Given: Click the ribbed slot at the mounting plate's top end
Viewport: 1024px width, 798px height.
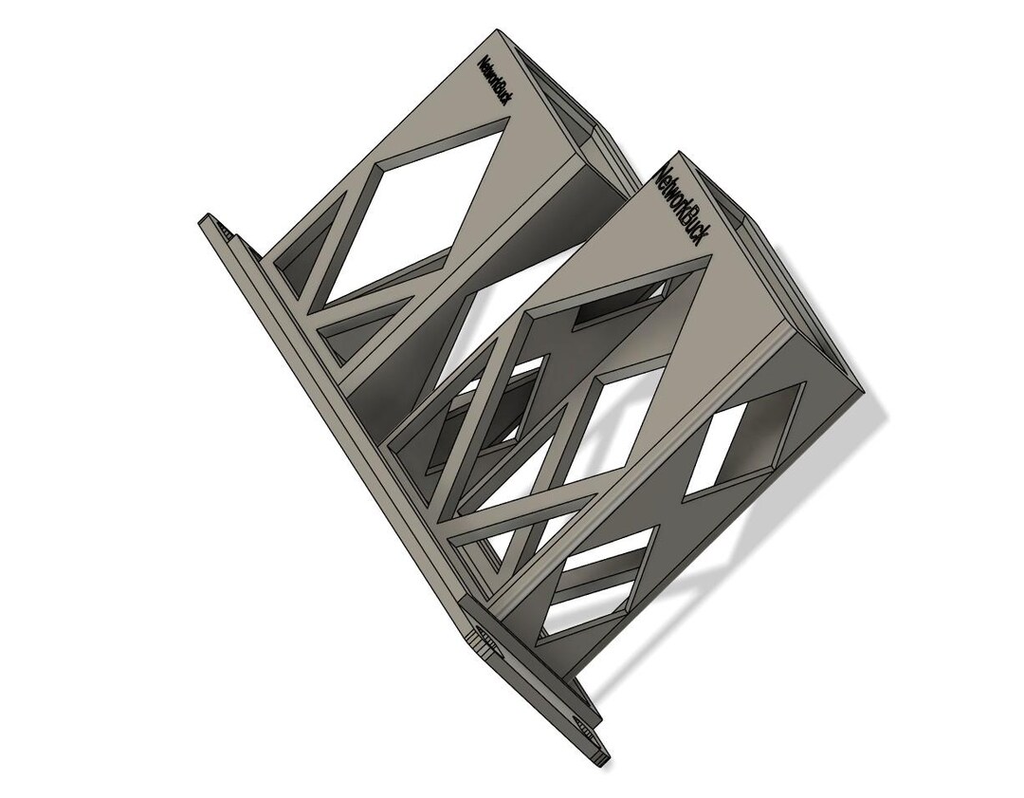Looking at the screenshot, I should tap(226, 231).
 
